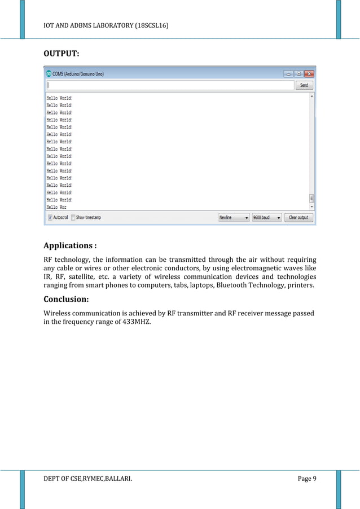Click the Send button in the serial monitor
tap(304, 85)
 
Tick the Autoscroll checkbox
tap(50, 217)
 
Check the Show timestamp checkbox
tap(73, 217)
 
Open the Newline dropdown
tap(234, 217)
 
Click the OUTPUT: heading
tap(62, 54)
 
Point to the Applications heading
tap(70, 246)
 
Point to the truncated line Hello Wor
tap(56, 207)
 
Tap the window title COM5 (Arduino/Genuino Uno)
tap(79, 73)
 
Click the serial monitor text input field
tap(170, 85)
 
